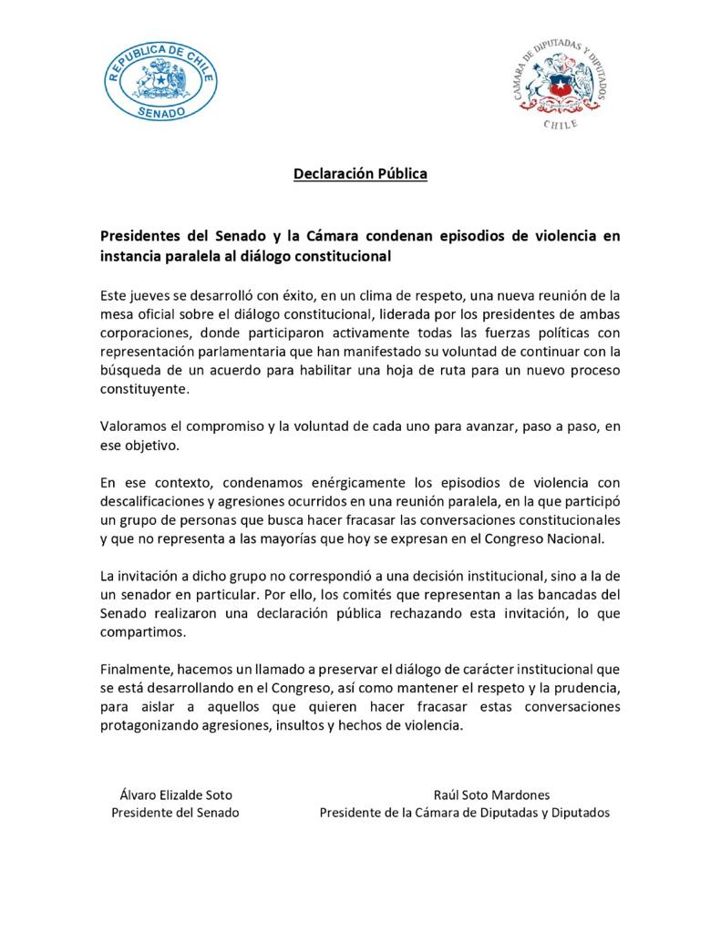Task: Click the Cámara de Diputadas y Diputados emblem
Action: [x=560, y=87]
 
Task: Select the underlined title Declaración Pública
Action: [x=360, y=173]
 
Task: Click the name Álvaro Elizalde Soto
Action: [x=176, y=795]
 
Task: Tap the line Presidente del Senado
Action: [x=175, y=813]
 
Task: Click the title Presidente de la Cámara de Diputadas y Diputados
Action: [x=464, y=813]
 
